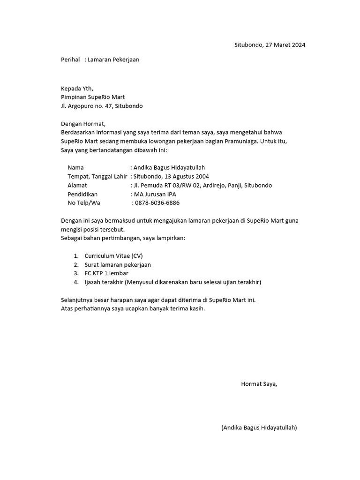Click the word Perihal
point(71,60)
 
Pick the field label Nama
point(75,167)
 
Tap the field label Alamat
point(77,185)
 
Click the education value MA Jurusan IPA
point(155,194)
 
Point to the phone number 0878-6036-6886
point(157,203)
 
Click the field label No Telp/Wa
point(84,203)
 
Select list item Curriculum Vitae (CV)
point(113,255)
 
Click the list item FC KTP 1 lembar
point(106,273)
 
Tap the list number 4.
point(75,282)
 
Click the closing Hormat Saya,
point(259,384)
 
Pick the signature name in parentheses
point(259,427)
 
